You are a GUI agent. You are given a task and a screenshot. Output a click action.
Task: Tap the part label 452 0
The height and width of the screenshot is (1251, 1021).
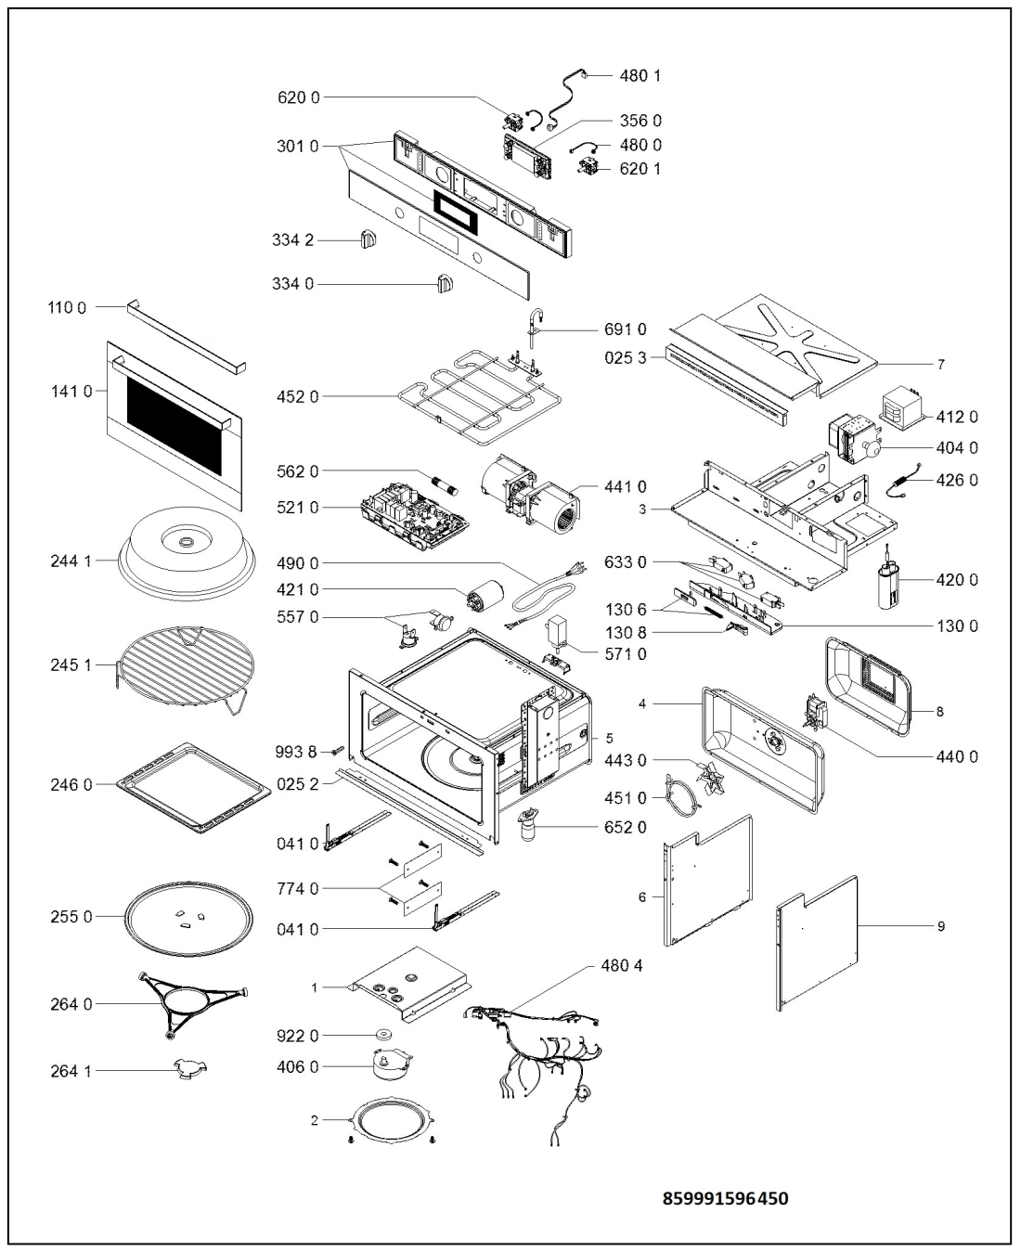(297, 397)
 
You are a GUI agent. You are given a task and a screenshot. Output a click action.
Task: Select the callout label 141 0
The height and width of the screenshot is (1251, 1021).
(71, 391)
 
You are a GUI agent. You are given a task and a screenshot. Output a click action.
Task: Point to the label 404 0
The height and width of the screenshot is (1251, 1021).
(957, 448)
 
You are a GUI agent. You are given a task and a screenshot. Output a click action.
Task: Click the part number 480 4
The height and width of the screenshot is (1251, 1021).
(622, 966)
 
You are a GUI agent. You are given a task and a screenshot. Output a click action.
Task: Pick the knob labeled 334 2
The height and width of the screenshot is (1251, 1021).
(368, 239)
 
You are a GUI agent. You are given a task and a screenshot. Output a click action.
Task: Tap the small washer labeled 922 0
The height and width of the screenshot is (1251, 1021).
(383, 1035)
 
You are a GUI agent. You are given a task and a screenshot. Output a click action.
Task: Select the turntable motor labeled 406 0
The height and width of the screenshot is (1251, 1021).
(392, 1065)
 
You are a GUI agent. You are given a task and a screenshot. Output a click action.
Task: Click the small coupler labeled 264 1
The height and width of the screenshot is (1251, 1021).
(190, 1069)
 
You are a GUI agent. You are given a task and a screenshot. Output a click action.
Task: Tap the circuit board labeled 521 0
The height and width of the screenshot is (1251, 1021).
(415, 516)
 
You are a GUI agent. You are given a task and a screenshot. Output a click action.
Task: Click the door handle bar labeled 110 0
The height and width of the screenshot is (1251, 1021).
(186, 337)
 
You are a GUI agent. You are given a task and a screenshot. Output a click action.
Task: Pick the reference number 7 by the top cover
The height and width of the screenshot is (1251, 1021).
(941, 364)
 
